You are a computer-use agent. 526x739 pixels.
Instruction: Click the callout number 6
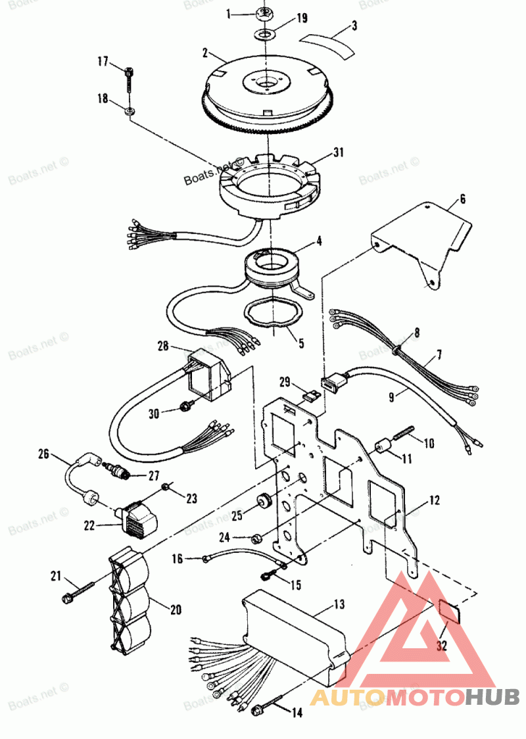[x=463, y=198]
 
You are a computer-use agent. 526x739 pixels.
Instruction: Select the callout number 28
[x=163, y=345]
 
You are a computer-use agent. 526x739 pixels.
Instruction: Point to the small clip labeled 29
[x=314, y=396]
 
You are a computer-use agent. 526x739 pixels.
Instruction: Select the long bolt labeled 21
[x=80, y=591]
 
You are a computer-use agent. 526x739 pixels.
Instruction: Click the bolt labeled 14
[x=269, y=707]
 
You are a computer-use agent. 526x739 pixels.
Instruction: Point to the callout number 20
[x=176, y=609]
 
